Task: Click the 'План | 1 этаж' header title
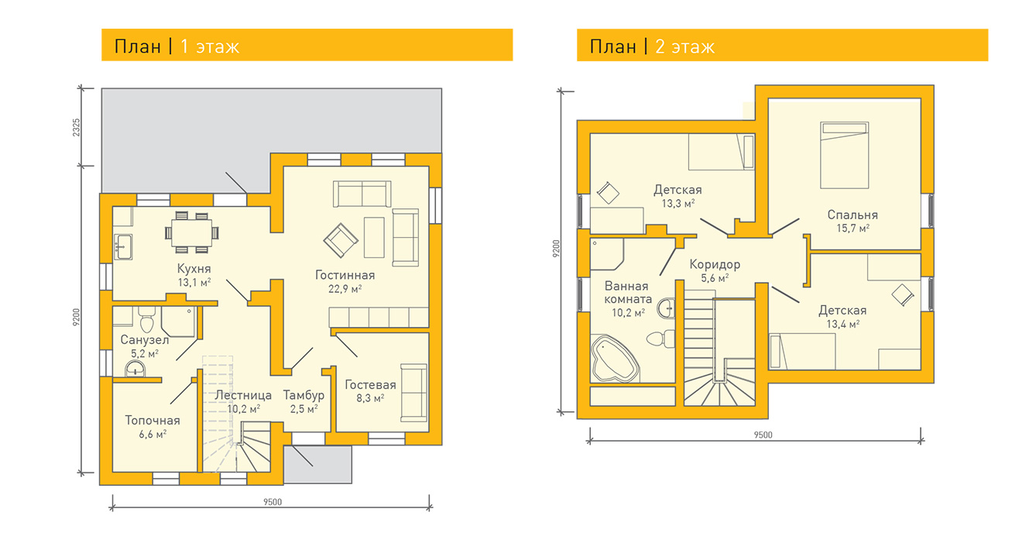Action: tap(177, 46)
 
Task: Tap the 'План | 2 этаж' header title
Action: tap(652, 46)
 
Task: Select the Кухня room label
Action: tap(194, 268)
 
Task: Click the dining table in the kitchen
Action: tap(192, 232)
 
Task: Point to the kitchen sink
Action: tap(123, 246)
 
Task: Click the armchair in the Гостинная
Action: tap(341, 241)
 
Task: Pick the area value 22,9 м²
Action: tap(345, 289)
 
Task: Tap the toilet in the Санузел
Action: tap(146, 319)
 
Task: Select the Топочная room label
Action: tap(153, 421)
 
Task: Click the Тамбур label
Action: tap(304, 395)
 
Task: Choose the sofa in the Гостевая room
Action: tap(413, 393)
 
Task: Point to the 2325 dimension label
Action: tap(77, 127)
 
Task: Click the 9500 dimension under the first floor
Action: tap(273, 502)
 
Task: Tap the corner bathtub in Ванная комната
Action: tap(615, 359)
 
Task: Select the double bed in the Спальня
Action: tap(845, 155)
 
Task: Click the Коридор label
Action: tap(715, 264)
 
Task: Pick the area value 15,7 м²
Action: tap(852, 229)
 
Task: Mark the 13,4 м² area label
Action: tap(842, 325)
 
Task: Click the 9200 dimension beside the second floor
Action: tap(557, 249)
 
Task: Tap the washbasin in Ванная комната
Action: tap(666, 308)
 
